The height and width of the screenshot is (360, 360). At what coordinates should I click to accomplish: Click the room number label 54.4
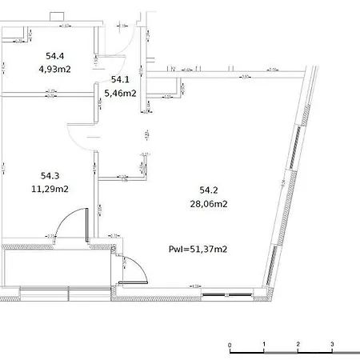point(54,56)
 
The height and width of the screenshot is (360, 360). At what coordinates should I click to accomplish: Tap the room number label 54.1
point(120,80)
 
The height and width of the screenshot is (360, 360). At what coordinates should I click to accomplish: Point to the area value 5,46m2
point(120,93)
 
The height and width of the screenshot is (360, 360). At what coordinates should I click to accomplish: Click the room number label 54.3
point(50,176)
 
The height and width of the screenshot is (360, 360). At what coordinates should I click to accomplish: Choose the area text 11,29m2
point(50,189)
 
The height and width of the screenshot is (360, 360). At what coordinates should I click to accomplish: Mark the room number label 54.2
point(208,190)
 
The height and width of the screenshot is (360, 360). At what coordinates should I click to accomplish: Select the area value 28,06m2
point(208,203)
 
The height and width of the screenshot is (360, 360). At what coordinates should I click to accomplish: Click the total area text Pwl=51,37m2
point(198,249)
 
